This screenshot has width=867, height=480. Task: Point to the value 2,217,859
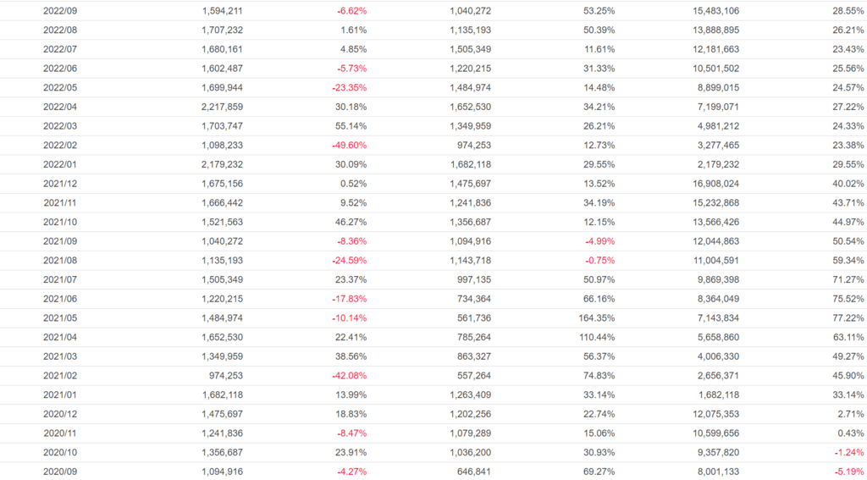[223, 107]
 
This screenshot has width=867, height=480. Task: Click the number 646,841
[470, 471]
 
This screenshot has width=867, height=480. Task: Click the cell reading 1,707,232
[223, 30]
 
